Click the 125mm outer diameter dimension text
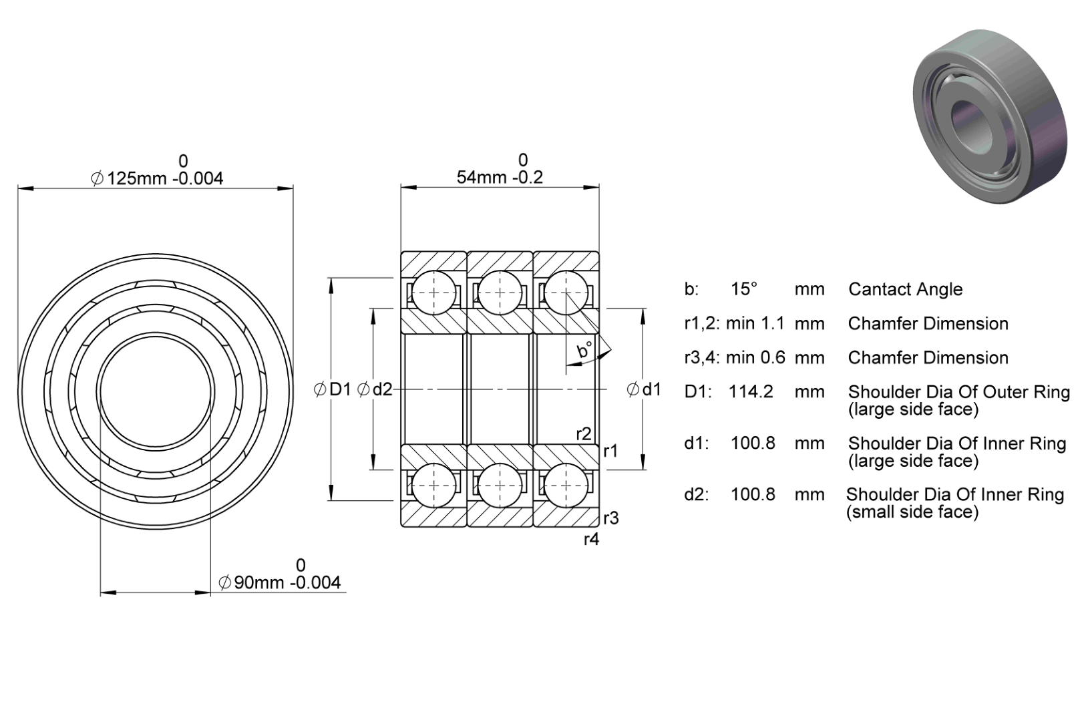pyautogui.click(x=157, y=178)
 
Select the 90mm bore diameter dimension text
pyautogui.click(x=280, y=582)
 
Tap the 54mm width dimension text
pyautogui.click(x=500, y=178)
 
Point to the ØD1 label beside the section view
pyautogui.click(x=332, y=389)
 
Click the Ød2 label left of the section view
pyautogui.click(x=374, y=389)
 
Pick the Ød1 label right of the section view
pyautogui.click(x=644, y=389)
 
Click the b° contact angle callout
pyautogui.click(x=585, y=349)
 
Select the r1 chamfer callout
pyautogui.click(x=611, y=451)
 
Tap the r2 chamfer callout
pyautogui.click(x=584, y=433)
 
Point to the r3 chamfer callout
pyautogui.click(x=611, y=518)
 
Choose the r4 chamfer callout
pyautogui.click(x=592, y=539)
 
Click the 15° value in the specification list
pyautogui.click(x=744, y=289)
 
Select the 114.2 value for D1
pyautogui.click(x=751, y=391)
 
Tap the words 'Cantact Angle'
pyautogui.click(x=905, y=289)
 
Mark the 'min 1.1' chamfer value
pyautogui.click(x=755, y=323)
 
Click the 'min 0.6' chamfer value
pyautogui.click(x=755, y=357)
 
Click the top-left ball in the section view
pyautogui.click(x=433, y=293)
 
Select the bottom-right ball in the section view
pyautogui.click(x=566, y=486)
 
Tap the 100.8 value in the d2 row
pyautogui.click(x=753, y=494)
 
